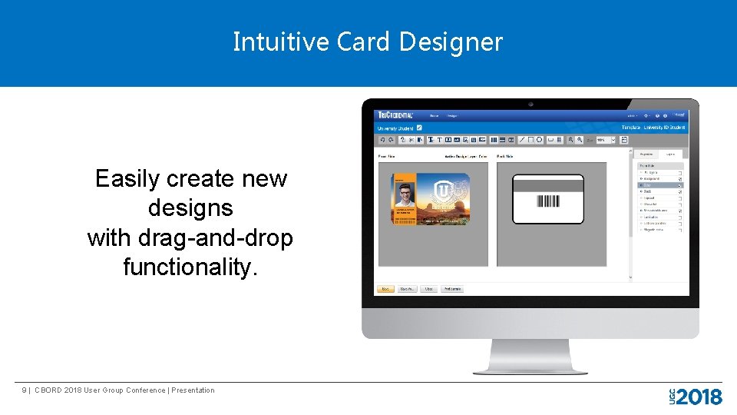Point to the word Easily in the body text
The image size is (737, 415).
[127, 179]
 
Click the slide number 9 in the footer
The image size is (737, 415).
[25, 390]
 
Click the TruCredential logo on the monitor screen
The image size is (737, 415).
[396, 115]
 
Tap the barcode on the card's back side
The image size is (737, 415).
[547, 201]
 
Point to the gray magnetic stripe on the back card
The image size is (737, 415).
[548, 184]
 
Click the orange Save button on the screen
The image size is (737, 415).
[385, 289]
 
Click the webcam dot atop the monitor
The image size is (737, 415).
[530, 104]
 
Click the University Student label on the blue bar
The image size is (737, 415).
[395, 128]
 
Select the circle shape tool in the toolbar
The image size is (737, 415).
[540, 140]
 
